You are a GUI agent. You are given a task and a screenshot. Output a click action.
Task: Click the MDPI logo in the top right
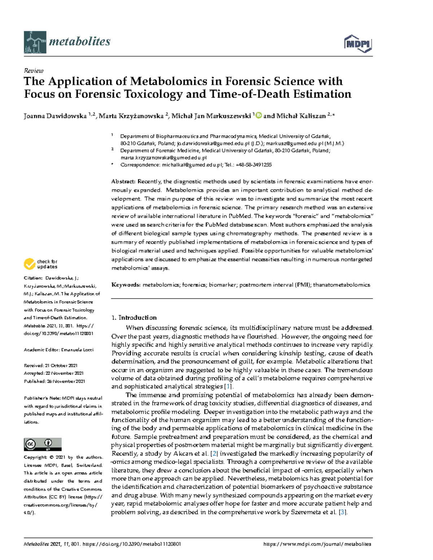[358, 44]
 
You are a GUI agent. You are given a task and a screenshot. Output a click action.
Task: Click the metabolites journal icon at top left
[35, 42]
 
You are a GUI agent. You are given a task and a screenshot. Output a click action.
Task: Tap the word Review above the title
[34, 71]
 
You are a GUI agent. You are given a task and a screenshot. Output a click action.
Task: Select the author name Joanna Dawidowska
[55, 116]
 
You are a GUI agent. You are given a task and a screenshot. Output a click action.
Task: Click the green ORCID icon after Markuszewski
[258, 116]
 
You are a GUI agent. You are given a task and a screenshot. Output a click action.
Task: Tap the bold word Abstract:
[123, 182]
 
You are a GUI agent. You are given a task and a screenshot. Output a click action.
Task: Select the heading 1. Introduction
[134, 318]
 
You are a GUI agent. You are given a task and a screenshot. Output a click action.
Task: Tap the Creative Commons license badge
[43, 444]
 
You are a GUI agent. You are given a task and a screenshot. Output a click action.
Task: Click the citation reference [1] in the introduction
[228, 387]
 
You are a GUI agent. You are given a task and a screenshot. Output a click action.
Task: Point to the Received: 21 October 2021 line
[51, 365]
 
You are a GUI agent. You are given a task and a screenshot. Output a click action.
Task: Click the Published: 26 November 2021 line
[54, 381]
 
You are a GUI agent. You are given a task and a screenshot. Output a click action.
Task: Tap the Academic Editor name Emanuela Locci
[78, 350]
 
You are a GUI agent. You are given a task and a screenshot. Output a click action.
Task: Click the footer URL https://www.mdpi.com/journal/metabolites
[317, 544]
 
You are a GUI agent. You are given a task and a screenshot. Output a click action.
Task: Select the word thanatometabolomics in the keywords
[341, 285]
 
